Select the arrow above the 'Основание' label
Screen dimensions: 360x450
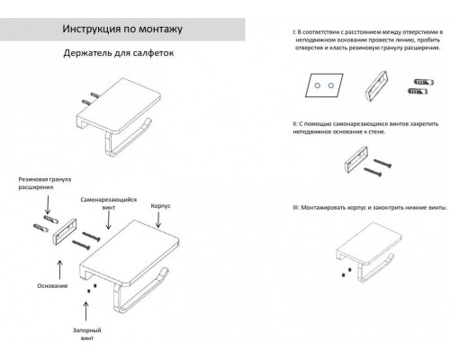point(60,266)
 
